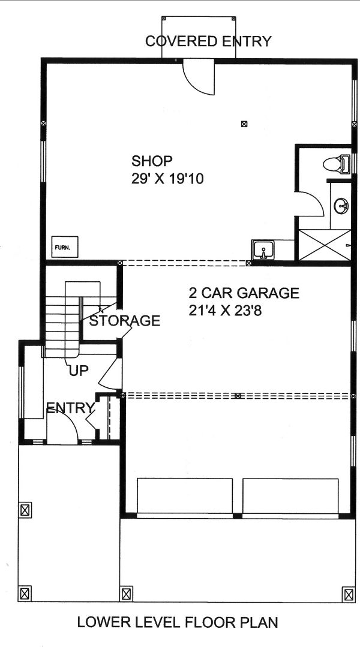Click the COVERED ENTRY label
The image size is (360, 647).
pos(208,41)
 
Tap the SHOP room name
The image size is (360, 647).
pos(152,161)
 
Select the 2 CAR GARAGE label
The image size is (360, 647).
pos(244,293)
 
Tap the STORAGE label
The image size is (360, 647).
pos(125,321)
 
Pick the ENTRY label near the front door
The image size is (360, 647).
pos(70,409)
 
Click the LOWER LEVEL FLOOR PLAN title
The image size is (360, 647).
pos(178,622)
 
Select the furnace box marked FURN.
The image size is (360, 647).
pos(62,246)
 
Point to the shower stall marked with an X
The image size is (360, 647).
pos(324,244)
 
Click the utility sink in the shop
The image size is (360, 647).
pos(263,248)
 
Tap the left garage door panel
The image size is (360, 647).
pos(185,496)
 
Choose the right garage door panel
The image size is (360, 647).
pos(290,496)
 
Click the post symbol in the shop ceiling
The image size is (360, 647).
pos(244,124)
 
